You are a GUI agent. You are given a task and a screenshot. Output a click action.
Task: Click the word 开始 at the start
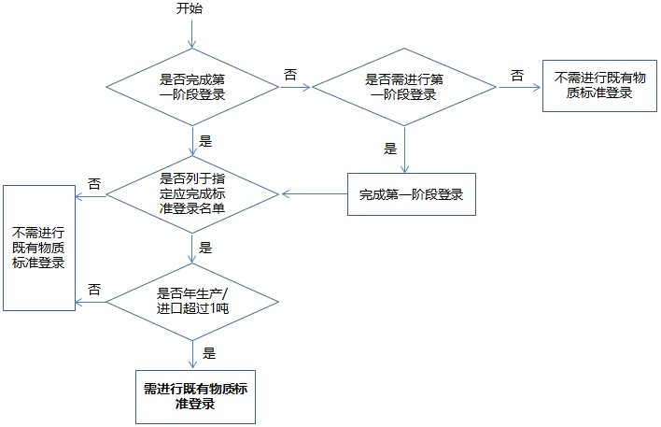(x=190, y=9)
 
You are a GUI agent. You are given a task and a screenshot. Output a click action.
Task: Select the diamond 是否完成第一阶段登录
(x=192, y=88)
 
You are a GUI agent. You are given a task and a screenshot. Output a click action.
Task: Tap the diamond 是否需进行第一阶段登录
(x=403, y=88)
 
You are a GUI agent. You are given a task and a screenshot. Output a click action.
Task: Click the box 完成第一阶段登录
(x=411, y=195)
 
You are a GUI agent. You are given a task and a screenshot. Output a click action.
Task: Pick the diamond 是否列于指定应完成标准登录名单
(x=192, y=195)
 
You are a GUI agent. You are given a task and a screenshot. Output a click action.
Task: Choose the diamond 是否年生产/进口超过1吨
(x=192, y=302)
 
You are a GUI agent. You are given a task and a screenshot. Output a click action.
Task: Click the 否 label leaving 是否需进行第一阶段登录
(x=516, y=74)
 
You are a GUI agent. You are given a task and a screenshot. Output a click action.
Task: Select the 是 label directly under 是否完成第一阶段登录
(x=206, y=142)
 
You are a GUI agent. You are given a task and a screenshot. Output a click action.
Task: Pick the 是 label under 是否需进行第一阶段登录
(x=390, y=148)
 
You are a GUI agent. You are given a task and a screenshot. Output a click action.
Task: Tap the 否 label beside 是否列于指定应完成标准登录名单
(x=94, y=183)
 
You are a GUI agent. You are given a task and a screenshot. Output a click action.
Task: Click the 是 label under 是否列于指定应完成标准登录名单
(x=206, y=249)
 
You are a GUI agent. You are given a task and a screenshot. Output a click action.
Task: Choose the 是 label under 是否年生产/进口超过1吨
(x=208, y=353)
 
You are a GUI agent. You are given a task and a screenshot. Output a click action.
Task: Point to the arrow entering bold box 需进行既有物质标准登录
(x=192, y=355)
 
